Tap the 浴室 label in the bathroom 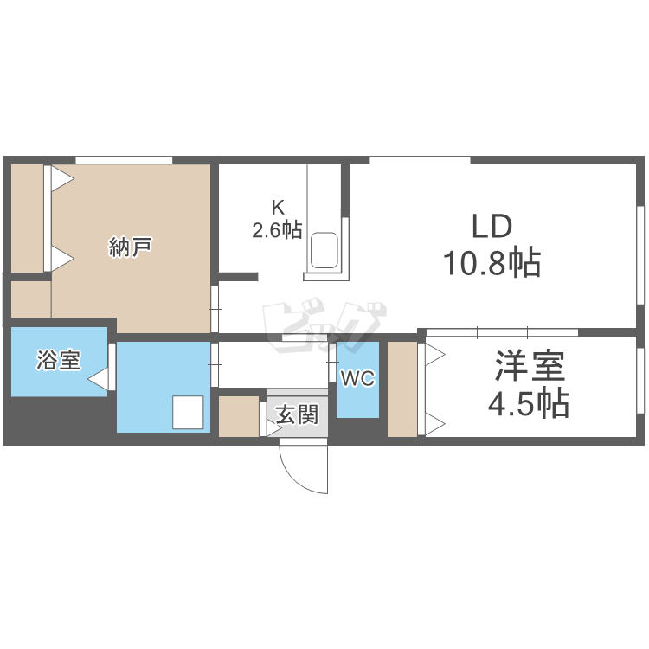59,361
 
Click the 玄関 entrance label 297,415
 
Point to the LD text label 492,227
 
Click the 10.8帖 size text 492,261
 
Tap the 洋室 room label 530,367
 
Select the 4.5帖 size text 530,402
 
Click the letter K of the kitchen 278,208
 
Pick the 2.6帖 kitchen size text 277,230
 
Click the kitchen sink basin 325,250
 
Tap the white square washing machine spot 189,412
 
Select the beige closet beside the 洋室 402,389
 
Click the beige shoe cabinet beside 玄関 239,417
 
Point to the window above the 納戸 123,160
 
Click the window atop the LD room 420,160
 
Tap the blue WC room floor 357,402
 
